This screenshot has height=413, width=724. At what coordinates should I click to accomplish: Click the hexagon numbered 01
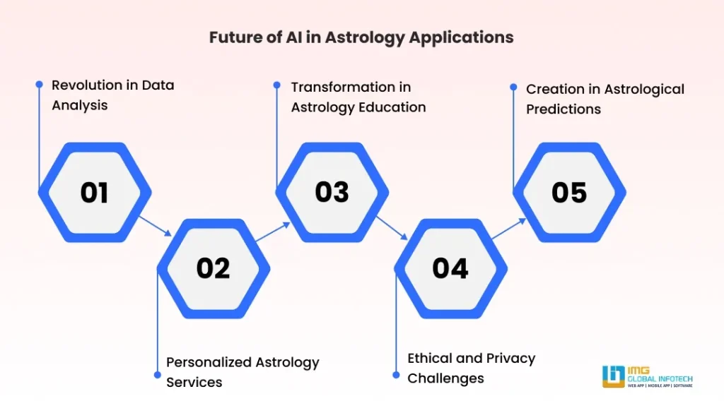[x=94, y=192]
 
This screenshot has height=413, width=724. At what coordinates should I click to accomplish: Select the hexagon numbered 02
[x=213, y=268]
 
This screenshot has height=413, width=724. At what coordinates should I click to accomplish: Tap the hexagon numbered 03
[x=332, y=192]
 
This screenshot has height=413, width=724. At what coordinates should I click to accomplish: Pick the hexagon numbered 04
[x=450, y=268]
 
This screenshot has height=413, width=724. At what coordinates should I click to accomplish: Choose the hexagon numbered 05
[x=569, y=192]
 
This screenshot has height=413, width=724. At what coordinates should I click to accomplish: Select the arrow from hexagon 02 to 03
[x=274, y=232]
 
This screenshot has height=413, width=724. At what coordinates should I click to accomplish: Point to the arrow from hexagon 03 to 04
[x=392, y=226]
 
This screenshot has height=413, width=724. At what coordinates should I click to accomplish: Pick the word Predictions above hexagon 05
[x=564, y=109]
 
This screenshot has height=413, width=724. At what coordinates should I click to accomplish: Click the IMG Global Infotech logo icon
[x=613, y=376]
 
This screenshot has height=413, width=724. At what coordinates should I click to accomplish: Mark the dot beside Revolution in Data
[x=40, y=84]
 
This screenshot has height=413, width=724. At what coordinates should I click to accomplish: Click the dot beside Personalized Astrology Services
[x=156, y=372]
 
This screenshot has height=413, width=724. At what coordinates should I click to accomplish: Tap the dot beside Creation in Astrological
[x=513, y=88]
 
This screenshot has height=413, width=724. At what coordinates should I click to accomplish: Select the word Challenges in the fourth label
[x=445, y=378]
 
